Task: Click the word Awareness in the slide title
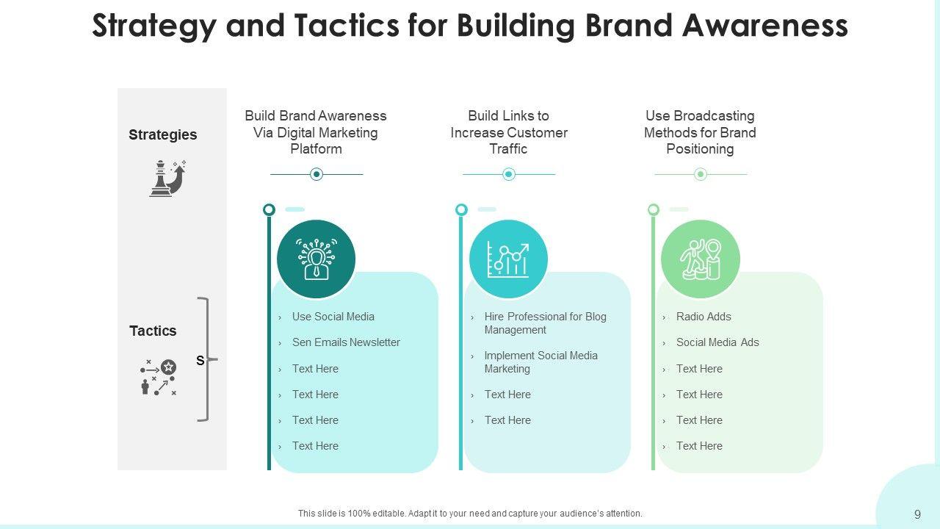[x=765, y=26]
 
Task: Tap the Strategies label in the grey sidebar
[x=163, y=134]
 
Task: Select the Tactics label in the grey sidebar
[x=153, y=331]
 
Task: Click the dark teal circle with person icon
[x=316, y=259]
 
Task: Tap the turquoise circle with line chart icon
[x=508, y=259]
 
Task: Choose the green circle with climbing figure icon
[x=700, y=259]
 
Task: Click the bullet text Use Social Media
[x=333, y=317]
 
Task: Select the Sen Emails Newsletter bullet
[x=346, y=342]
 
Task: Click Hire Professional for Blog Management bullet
[x=545, y=323]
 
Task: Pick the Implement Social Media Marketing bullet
[x=540, y=362]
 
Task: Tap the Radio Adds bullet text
[x=704, y=317]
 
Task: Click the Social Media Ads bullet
[x=717, y=342]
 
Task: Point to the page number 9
[x=917, y=514]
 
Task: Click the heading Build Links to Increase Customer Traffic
[x=509, y=132]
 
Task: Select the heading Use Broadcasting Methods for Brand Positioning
[x=700, y=132]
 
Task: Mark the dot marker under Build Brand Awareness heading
[x=317, y=174]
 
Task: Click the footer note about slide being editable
[x=470, y=514]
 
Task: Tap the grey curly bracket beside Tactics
[x=205, y=359]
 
